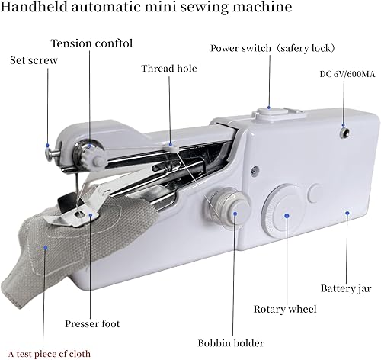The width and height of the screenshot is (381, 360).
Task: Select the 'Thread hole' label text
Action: coord(168,69)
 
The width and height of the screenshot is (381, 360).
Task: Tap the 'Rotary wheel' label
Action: coord(285,310)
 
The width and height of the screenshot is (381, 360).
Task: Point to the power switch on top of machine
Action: coord(267,114)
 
